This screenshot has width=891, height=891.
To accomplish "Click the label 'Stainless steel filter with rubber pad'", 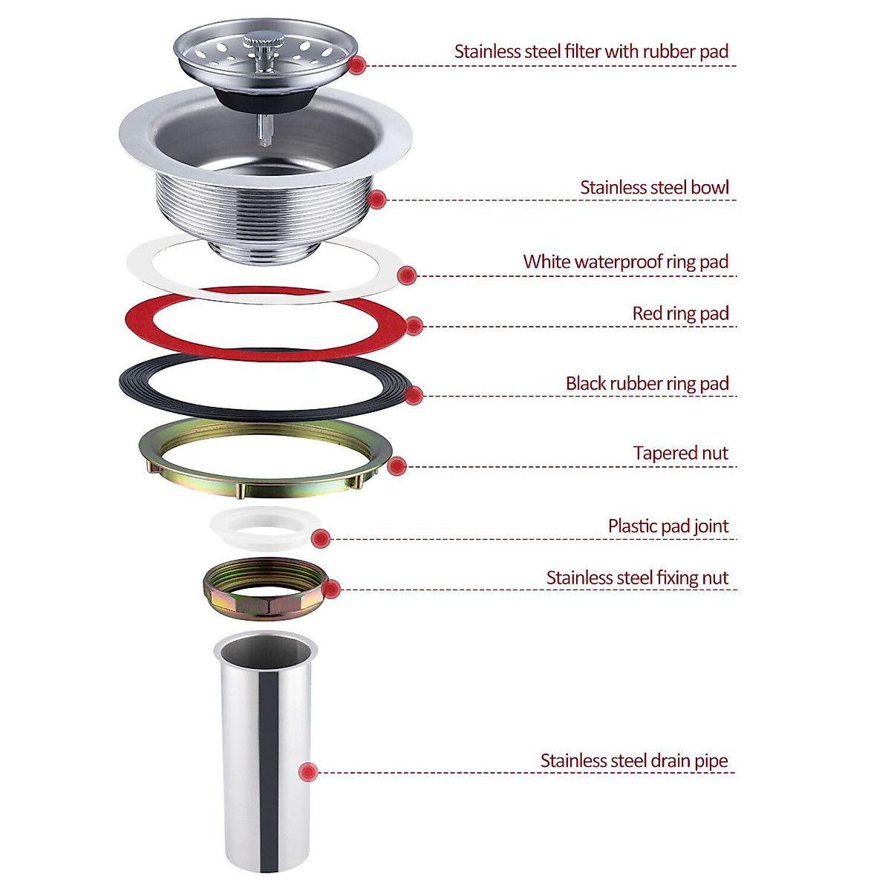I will pos(591,52).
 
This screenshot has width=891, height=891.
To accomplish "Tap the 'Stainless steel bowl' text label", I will pos(654,188).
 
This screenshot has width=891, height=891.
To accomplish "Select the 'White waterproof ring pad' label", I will pos(625,262).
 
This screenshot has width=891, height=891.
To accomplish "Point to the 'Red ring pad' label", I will pos(680,314).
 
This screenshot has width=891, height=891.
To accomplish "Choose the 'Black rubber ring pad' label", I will pos(647,384).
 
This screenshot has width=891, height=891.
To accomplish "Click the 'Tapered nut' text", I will pos(680,454).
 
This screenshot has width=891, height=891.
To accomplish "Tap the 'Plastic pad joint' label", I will pos(668,526).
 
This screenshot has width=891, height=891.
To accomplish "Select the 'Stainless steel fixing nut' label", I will pos(637,578).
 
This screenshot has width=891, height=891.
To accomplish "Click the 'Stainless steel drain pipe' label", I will pos(633,761).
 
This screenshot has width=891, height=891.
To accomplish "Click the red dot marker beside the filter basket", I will pos(357,65).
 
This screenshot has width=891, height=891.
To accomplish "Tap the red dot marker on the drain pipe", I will pos(308,772).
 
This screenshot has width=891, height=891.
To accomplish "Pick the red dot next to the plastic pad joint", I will pos(321,539).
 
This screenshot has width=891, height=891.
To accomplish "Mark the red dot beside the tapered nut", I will pos(397,466).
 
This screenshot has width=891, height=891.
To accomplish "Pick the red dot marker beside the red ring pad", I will pos(414,326).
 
